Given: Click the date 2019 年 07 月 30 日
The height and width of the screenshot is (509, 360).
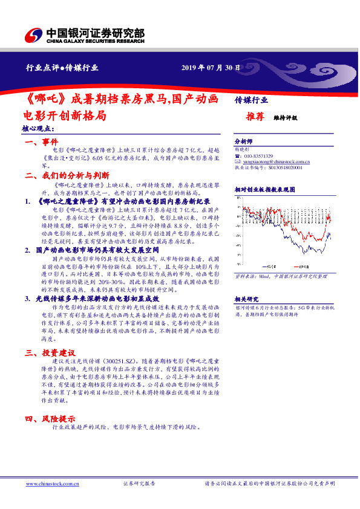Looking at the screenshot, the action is click(x=211, y=68).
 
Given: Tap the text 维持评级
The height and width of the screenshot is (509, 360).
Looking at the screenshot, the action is click(x=286, y=118).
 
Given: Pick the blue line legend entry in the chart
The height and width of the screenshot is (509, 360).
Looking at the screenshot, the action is click(x=266, y=267).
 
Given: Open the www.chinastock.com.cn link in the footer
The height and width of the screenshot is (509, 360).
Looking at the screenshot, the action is click(x=49, y=484).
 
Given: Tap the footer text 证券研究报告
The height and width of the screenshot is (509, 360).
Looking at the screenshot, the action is click(x=139, y=484).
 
